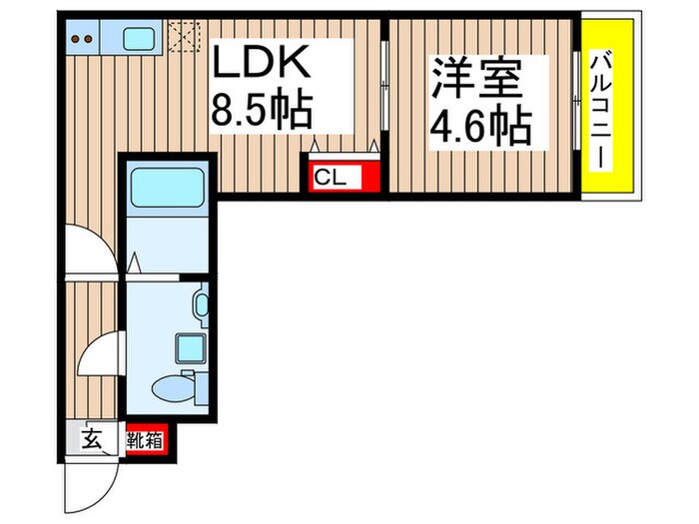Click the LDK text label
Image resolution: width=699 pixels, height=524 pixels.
pos(262,65)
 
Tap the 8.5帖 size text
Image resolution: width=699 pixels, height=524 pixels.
pos(262,109)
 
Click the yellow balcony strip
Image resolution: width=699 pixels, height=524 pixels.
pos(602,110)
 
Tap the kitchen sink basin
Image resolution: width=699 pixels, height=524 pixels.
pos(138,40)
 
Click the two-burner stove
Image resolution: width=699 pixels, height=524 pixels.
pos(84,40)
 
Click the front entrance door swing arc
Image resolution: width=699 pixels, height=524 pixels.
pos(90,484)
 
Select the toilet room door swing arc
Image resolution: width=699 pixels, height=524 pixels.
pos(100,355)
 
